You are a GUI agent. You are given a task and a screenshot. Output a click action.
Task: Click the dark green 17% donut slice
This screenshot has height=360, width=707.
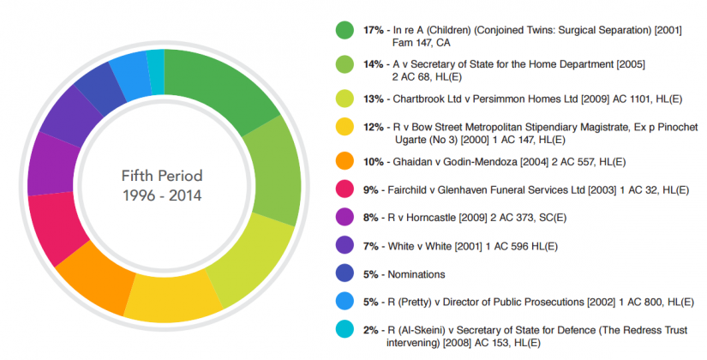219,86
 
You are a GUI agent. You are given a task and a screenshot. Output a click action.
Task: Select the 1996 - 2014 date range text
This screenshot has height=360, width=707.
162,195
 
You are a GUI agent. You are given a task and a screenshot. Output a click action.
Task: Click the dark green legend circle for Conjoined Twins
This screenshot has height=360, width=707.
345,31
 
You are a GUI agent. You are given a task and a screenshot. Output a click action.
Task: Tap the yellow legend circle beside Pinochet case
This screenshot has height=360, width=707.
345,127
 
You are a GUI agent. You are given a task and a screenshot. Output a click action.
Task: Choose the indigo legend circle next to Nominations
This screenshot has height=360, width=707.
345,274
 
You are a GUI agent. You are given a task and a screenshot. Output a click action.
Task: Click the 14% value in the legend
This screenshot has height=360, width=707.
374,64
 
